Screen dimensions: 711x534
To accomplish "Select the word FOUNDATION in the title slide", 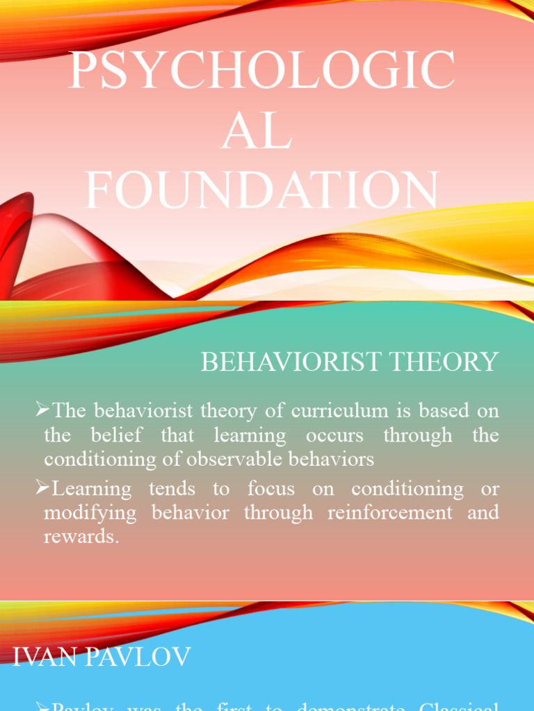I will [x=262, y=189].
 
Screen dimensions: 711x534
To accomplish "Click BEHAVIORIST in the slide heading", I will [x=290, y=362].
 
